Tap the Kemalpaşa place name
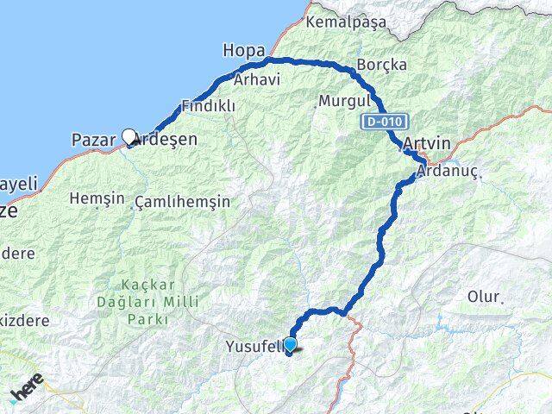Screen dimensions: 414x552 coord(346,22)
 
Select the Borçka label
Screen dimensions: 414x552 coord(378,65)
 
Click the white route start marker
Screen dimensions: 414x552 coord(129,136)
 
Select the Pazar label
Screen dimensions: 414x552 coord(93,140)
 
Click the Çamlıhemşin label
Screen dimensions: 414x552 coord(182,201)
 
